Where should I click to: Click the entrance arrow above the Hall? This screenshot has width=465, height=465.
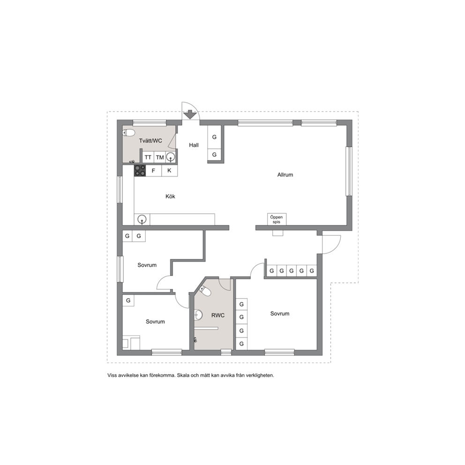(190, 114)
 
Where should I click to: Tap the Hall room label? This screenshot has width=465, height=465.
(194, 145)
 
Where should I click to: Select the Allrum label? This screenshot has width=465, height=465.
(285, 175)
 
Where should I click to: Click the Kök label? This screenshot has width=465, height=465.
(170, 196)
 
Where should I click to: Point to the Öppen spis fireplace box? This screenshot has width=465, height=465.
(277, 219)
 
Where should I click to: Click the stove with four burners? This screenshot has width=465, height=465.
(140, 171)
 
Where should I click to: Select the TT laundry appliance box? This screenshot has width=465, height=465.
(148, 157)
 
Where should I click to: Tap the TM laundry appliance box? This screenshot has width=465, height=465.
(160, 157)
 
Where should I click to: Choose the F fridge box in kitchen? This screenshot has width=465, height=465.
(153, 171)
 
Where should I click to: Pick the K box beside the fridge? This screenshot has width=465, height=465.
(169, 171)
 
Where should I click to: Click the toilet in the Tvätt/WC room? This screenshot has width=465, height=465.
(128, 133)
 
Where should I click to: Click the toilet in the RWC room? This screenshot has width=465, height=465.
(205, 291)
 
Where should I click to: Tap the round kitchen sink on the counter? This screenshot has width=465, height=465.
(142, 220)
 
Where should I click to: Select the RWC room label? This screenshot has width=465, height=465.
(218, 315)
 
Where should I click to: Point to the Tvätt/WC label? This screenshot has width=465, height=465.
(150, 141)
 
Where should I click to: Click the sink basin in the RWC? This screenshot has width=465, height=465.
(198, 315)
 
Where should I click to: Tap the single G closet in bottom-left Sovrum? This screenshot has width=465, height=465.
(128, 300)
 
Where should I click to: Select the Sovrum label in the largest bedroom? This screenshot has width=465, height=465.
(280, 314)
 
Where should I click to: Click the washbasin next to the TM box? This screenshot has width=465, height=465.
(171, 157)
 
